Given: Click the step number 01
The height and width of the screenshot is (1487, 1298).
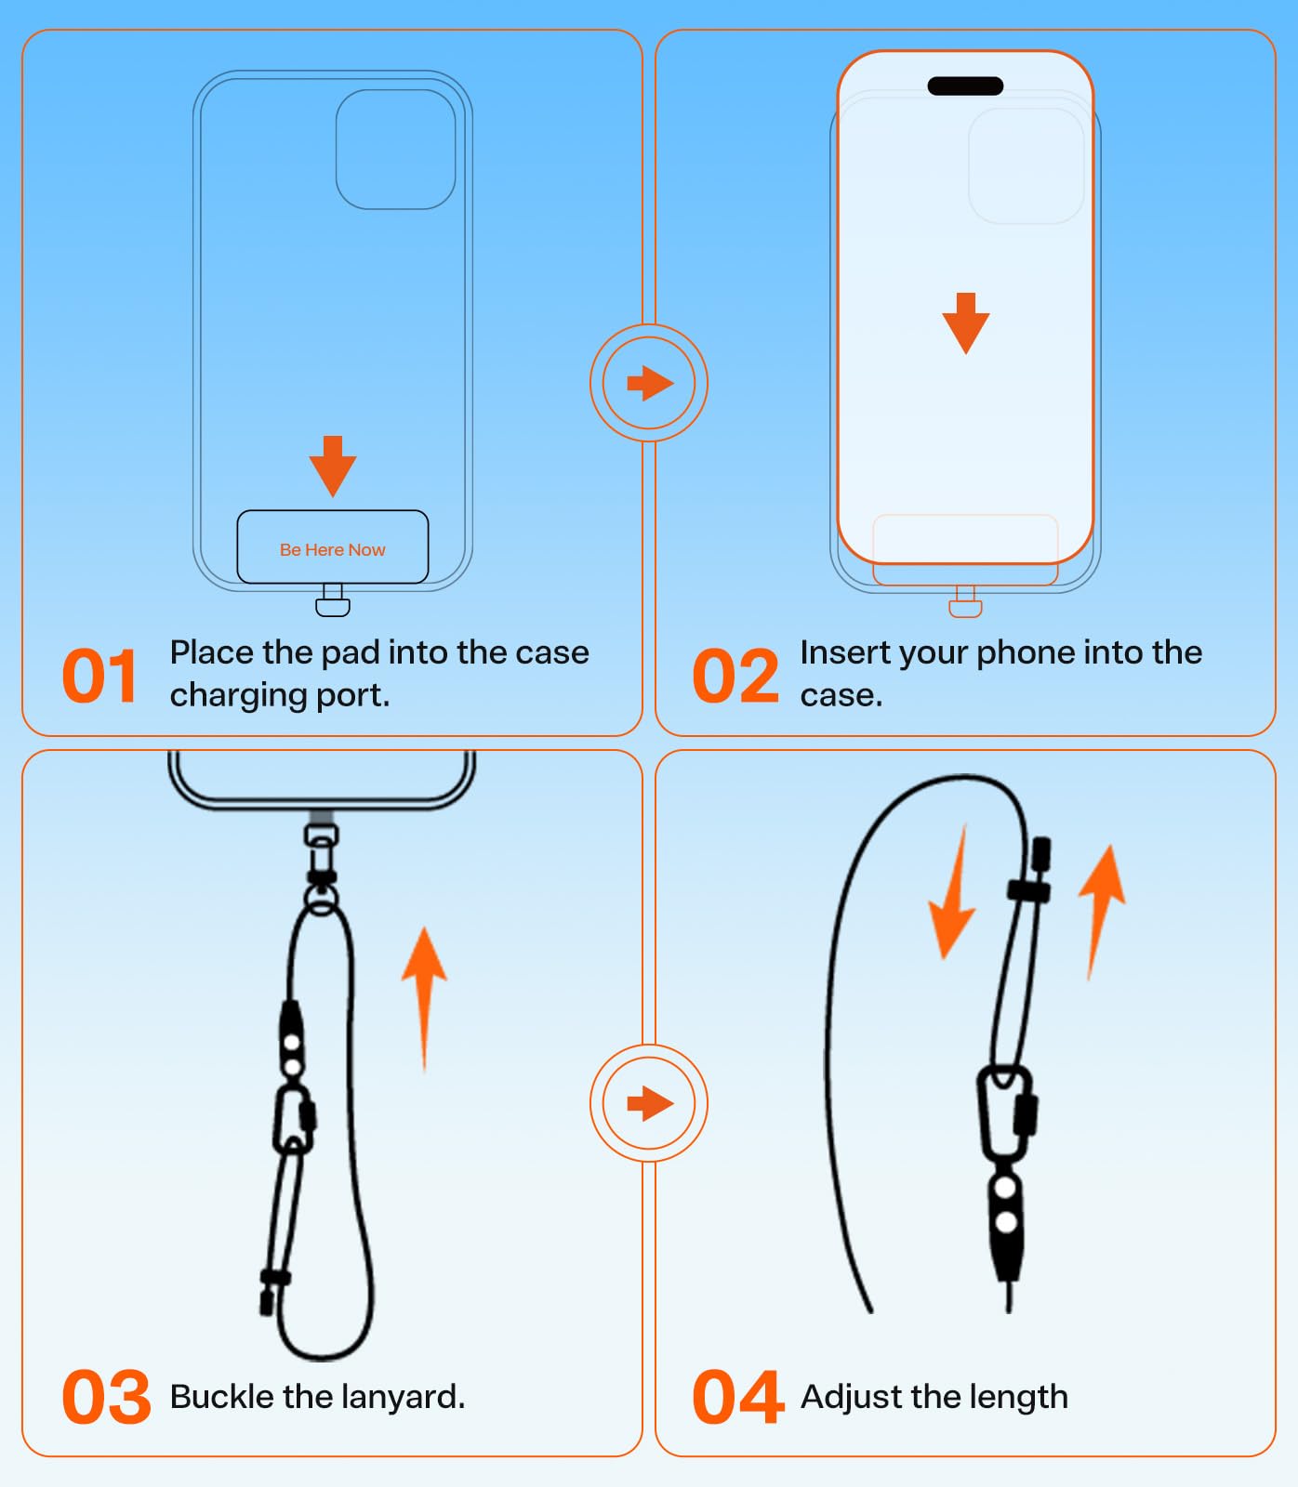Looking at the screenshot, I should [x=99, y=677].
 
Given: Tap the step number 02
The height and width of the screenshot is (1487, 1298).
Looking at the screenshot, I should [x=735, y=677].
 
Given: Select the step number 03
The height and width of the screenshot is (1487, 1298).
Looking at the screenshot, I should [x=106, y=1397].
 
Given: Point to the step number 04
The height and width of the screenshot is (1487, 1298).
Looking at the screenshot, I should [x=737, y=1397].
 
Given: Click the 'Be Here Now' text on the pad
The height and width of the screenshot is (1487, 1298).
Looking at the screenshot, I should [x=332, y=550].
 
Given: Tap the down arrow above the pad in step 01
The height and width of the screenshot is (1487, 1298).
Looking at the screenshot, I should [x=332, y=465].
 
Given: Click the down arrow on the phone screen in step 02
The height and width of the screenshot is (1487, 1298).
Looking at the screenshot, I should [x=965, y=322].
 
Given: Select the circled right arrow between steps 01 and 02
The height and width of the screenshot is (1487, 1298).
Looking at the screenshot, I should [x=649, y=382].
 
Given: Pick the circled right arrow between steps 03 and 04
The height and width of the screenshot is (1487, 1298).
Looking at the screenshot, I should [x=649, y=1103].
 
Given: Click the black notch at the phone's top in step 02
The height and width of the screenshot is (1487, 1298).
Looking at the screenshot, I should [x=965, y=86].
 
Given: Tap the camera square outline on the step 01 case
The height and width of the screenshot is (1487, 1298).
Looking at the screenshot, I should [x=395, y=150].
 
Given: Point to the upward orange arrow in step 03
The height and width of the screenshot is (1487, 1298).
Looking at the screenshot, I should [x=424, y=994].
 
